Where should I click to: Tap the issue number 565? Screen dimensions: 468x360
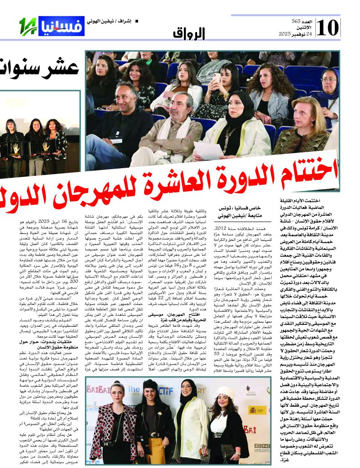297,21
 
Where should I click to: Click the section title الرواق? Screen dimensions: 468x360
189,33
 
